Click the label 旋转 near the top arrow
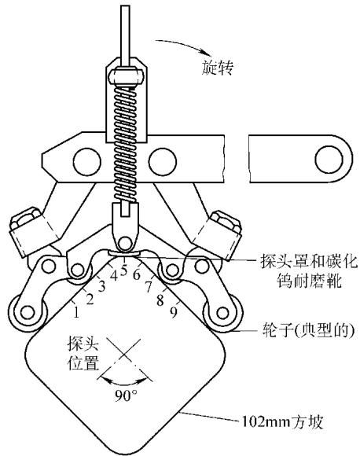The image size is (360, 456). click(218, 68)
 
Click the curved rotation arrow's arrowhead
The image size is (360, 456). click(204, 53)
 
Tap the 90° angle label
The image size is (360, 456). click(126, 395)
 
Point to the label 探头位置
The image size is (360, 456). click(83, 353)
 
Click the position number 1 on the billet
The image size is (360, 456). click(76, 313)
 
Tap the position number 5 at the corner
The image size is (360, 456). click(124, 270)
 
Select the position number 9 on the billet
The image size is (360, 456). click(174, 313)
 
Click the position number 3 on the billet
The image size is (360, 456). click(101, 287)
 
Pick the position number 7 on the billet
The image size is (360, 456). click(149, 287)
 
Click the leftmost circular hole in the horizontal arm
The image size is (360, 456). click(87, 162)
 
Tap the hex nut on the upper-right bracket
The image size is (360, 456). click(226, 221)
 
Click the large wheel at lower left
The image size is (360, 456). click(28, 313)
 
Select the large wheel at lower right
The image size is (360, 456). click(222, 313)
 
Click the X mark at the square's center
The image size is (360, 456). click(124, 354)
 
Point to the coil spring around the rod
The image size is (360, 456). click(125, 144)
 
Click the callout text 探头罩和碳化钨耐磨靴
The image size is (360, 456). click(309, 271)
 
